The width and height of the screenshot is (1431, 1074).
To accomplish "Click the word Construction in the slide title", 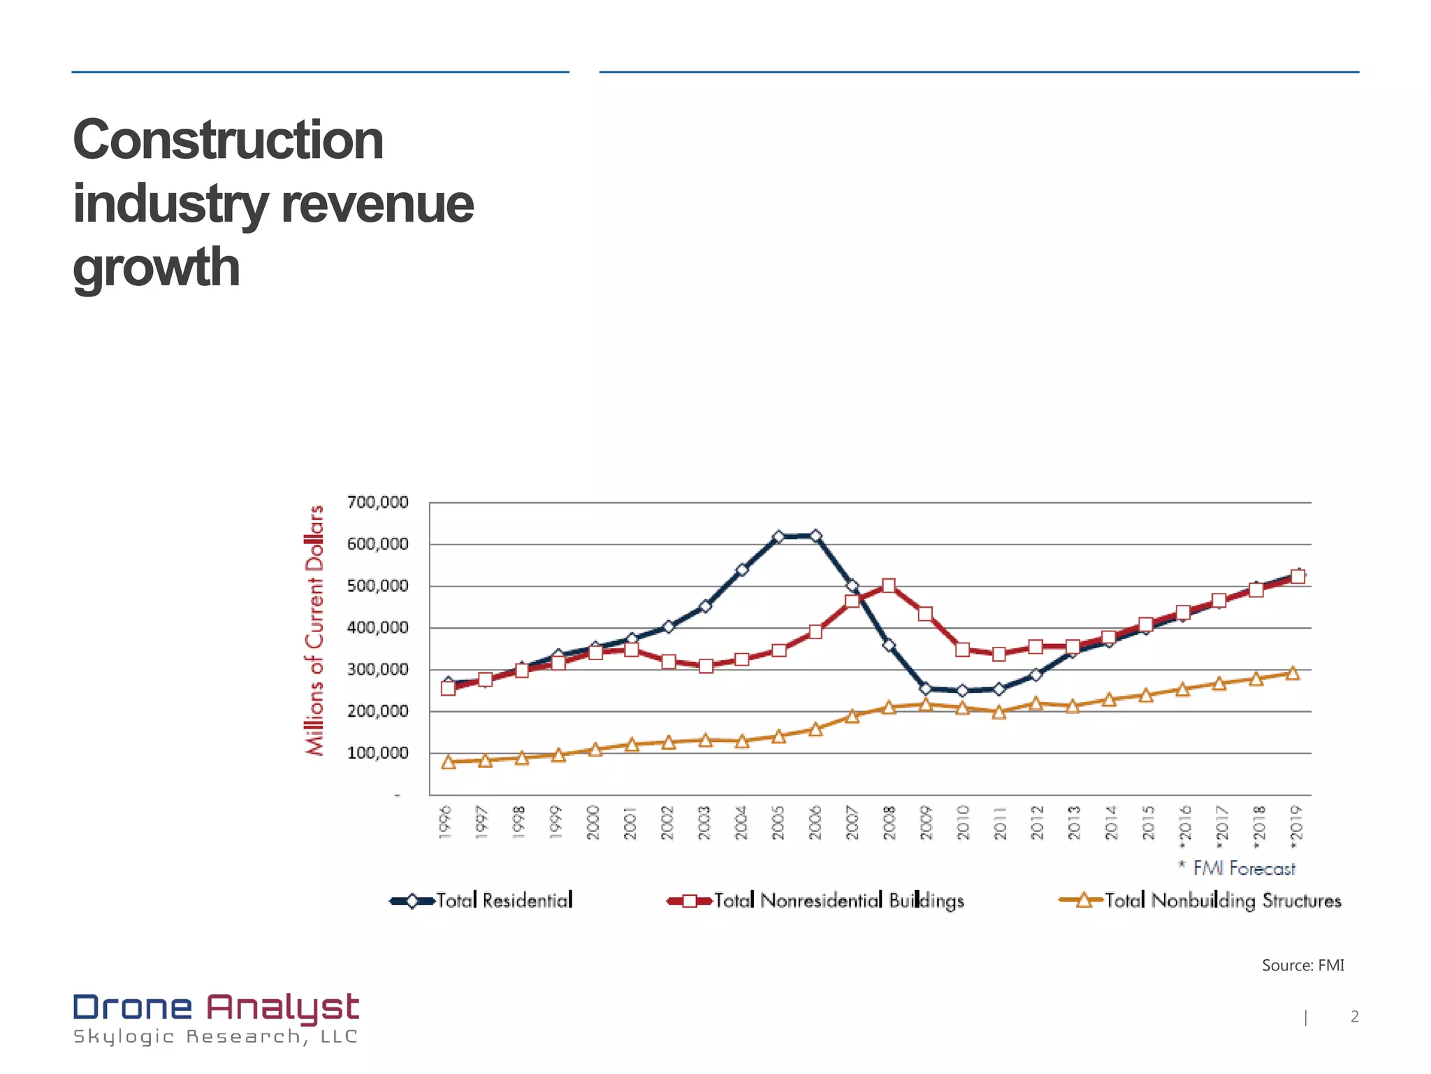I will pos(228,140).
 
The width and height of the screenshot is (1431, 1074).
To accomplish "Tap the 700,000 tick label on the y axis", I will pos(377,503).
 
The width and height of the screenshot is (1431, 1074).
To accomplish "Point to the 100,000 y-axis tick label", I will pos(377,753).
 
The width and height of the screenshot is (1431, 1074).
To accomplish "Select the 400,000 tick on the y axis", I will pos(377,628).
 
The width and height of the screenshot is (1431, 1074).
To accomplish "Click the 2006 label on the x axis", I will pos(815,822).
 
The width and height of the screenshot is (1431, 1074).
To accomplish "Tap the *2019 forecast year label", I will pos(1296,826).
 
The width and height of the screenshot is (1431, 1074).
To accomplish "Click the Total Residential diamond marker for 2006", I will pos(815,536).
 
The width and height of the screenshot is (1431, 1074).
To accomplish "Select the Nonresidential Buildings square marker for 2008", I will pos(889,586).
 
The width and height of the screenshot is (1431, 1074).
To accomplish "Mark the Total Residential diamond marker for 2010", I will pos(963,691).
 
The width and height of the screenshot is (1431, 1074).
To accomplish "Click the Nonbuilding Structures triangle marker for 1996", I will pos(449,761).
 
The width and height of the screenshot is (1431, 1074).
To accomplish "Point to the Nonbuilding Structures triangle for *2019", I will pos(1293,673).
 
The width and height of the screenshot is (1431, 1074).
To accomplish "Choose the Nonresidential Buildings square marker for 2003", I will pos(706,666).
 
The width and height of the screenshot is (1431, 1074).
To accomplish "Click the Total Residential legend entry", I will pos(482,901).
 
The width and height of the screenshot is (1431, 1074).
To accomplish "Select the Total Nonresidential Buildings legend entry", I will pos(816,901).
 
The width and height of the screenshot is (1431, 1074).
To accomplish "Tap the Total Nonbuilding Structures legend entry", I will pos(1200,901).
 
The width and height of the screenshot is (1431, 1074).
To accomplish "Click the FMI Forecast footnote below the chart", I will pos(1237,868).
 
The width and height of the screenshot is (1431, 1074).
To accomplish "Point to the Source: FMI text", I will pos(1302,966).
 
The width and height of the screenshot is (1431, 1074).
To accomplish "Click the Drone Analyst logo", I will pos(216,1018).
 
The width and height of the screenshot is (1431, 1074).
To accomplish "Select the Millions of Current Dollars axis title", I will pos(315,630).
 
